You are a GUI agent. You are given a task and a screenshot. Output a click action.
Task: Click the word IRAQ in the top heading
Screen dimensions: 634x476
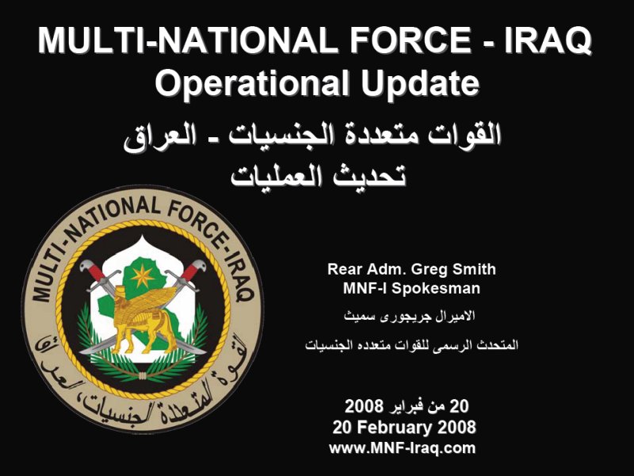pos(548,41)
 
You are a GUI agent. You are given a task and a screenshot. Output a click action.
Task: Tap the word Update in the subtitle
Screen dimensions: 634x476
pos(420,83)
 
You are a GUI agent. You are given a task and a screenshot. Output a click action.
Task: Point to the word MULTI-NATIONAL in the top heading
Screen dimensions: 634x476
pos(188,40)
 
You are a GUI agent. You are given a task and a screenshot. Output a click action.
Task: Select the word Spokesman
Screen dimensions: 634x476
pos(436,288)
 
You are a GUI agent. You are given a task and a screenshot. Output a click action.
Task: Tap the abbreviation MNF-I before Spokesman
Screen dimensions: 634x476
pos(365,288)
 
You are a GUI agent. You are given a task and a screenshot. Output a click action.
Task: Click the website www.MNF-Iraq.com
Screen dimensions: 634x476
pos(403,448)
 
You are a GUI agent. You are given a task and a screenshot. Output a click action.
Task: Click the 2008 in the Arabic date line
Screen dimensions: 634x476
pos(364,405)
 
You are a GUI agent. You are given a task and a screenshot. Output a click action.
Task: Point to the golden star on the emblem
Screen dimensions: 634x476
pos(142,277)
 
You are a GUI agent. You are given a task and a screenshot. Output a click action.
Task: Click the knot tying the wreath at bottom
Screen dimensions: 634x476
pos(143,375)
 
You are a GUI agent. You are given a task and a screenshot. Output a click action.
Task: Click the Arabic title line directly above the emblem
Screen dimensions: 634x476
pos(318,175)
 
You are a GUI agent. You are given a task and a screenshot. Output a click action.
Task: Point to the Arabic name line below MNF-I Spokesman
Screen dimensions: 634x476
pos(409,316)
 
